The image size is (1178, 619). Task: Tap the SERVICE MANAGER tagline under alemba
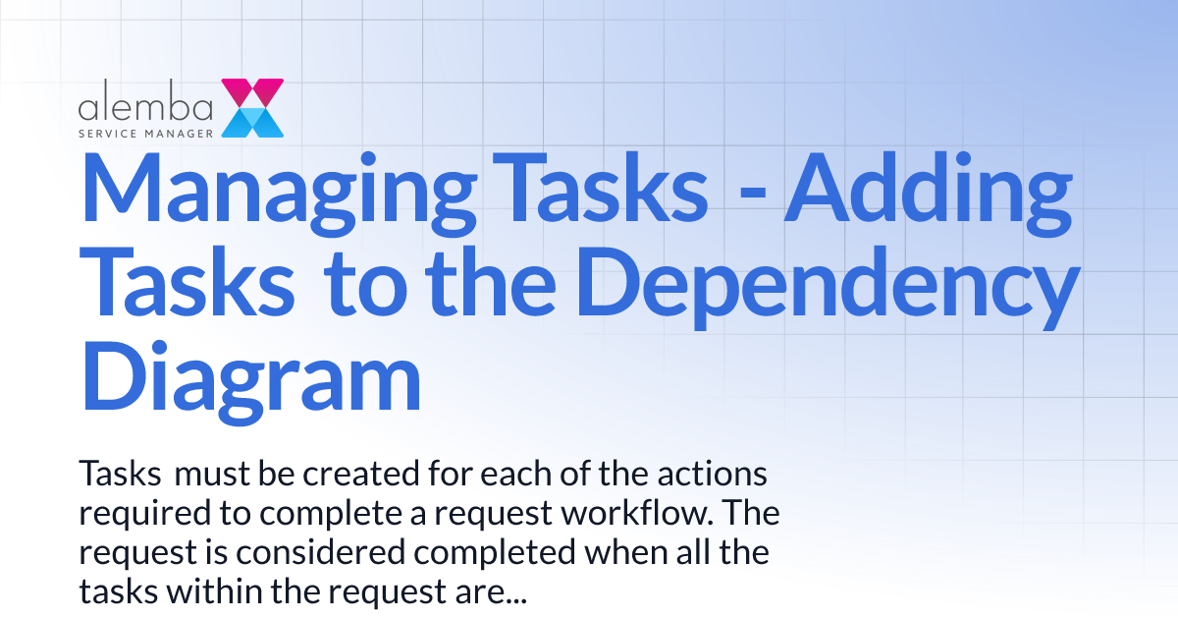point(147,128)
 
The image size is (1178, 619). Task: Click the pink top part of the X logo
point(252,91)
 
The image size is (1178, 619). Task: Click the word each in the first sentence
point(519,476)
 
